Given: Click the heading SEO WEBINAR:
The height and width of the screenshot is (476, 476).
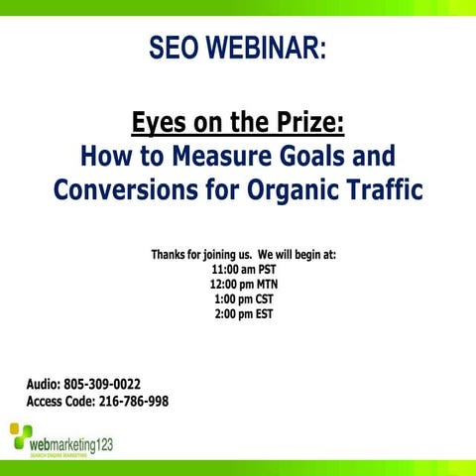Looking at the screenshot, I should (x=238, y=48).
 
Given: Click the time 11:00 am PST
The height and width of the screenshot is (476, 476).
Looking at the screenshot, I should (x=243, y=269).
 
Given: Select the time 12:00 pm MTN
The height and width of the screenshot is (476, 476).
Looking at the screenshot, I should (x=243, y=284).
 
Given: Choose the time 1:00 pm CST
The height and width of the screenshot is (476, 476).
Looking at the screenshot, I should (x=243, y=299).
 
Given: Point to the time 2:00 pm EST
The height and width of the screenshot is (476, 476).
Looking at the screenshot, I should (x=243, y=314).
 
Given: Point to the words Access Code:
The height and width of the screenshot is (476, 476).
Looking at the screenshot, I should (x=60, y=402).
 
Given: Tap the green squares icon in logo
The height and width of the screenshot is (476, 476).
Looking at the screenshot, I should (x=20, y=435).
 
